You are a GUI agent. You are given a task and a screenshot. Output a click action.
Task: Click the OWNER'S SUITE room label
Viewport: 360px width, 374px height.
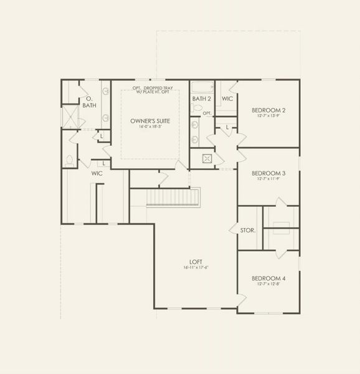click(150, 120)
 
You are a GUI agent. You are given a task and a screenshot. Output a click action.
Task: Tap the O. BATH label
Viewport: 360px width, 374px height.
click(89, 102)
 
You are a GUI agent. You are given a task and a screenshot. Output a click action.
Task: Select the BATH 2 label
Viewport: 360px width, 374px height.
click(202, 98)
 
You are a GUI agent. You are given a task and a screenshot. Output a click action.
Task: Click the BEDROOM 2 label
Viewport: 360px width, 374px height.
click(268, 110)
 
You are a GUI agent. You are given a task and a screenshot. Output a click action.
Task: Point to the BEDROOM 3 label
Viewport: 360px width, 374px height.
click(268, 173)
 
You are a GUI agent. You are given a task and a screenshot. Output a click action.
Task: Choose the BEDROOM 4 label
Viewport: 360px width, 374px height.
click(268, 278)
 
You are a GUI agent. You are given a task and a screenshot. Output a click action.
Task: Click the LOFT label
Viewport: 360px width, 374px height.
click(196, 262)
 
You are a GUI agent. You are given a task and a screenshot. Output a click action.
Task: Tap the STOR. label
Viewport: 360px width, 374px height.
click(247, 231)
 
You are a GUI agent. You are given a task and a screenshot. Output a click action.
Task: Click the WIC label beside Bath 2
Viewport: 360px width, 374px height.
click(227, 98)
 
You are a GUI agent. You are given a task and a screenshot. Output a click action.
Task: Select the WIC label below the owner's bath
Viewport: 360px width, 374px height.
click(97, 173)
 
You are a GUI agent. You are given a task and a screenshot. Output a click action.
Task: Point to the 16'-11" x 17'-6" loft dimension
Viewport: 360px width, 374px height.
click(196, 268)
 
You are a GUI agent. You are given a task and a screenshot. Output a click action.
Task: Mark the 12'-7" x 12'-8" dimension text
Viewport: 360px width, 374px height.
click(268, 284)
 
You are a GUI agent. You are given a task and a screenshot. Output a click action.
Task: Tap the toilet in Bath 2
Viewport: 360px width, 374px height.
click(197, 110)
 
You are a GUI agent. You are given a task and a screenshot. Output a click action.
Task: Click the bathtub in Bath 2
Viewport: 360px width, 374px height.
click(202, 87)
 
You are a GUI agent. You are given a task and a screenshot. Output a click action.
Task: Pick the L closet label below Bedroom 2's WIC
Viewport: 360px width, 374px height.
click(227, 128)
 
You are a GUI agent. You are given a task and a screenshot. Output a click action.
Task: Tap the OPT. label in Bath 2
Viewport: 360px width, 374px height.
click(207, 113)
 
